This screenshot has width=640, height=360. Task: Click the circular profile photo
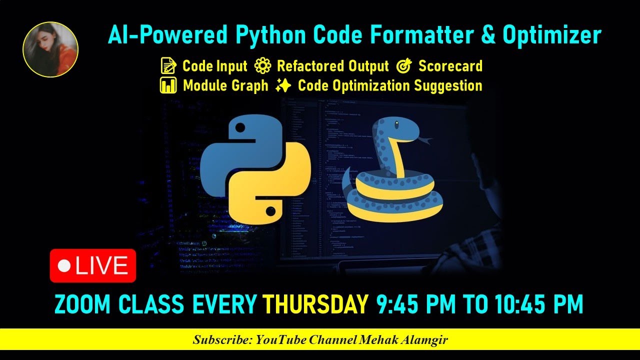pyautogui.click(x=50, y=49)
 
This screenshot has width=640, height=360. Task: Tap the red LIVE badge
pyautogui.click(x=93, y=265)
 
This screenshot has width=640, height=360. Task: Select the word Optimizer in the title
pyautogui.click(x=551, y=35)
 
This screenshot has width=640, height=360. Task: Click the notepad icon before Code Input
pyautogui.click(x=168, y=66)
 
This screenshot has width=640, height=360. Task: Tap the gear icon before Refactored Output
pyautogui.click(x=262, y=66)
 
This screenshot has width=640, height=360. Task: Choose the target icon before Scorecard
pyautogui.click(x=404, y=66)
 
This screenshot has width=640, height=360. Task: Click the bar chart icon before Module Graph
pyautogui.click(x=168, y=85)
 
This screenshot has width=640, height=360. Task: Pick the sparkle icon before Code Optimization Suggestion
pyautogui.click(x=283, y=86)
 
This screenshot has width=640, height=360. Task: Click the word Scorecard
pyautogui.click(x=450, y=66)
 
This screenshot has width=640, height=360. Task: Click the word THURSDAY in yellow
pyautogui.click(x=315, y=304)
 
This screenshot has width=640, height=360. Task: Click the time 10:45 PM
pyautogui.click(x=539, y=304)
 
